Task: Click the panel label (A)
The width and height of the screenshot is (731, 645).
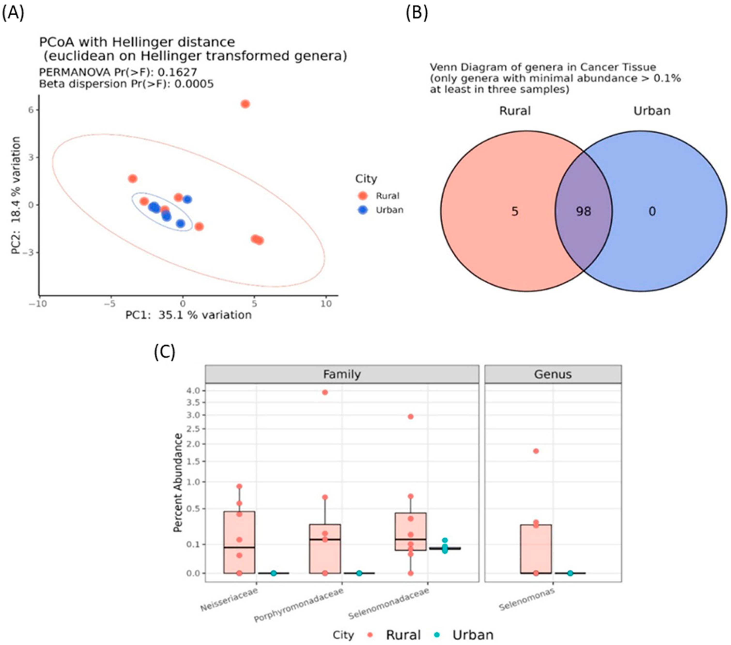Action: coord(13,14)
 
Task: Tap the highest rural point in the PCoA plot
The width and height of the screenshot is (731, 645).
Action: coord(245,104)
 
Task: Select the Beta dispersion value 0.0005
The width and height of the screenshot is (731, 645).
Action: coord(196,84)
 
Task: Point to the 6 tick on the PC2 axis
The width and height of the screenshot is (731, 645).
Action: coord(31,110)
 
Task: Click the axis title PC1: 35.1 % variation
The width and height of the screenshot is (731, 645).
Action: coord(188,315)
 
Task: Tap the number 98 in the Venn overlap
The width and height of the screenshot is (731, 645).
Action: coord(583,211)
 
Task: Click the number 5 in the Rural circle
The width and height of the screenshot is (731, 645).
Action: coord(515,212)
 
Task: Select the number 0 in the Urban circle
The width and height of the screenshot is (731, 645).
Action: coord(652,212)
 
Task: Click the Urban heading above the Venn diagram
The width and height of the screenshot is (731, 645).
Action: coord(652,111)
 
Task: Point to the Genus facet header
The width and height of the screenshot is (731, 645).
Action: coord(553,374)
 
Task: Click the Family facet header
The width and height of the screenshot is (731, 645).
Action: coord(342,374)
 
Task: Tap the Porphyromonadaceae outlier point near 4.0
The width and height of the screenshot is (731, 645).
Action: coord(325,392)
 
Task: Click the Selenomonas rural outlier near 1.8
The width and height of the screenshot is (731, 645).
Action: coord(536,451)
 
